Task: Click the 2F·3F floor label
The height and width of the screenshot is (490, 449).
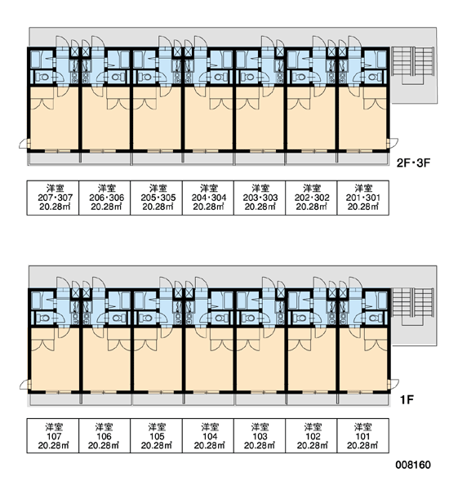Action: pyautogui.click(x=413, y=163)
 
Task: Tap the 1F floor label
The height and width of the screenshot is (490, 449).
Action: pyautogui.click(x=407, y=399)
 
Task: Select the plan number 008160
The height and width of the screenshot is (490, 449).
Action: pyautogui.click(x=413, y=465)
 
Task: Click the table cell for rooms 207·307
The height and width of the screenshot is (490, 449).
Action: pyautogui.click(x=53, y=198)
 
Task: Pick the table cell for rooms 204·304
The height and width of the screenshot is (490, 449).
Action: pyautogui.click(x=208, y=198)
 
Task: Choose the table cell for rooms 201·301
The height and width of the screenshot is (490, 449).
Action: pyautogui.click(x=363, y=198)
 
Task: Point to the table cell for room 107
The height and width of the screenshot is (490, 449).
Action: pyautogui.click(x=53, y=435)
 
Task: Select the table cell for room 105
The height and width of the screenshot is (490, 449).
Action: pyautogui.click(x=156, y=435)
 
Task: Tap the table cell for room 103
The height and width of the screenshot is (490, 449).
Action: pyautogui.click(x=260, y=435)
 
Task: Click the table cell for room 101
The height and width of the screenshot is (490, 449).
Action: pyautogui.click(x=363, y=435)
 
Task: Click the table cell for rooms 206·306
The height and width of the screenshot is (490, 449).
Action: pyautogui.click(x=104, y=198)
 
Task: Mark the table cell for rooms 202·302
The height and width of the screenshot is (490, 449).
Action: pyautogui.click(x=311, y=198)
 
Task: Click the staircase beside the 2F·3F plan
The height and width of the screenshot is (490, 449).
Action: pyautogui.click(x=413, y=65)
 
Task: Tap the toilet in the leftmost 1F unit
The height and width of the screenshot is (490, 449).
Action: pyautogui.click(x=42, y=318)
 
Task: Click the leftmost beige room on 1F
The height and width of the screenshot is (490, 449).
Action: pyautogui.click(x=55, y=359)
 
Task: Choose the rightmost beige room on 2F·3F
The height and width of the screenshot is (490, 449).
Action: pyautogui.click(x=362, y=118)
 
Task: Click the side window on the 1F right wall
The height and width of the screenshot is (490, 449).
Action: pyautogui.click(x=389, y=384)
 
